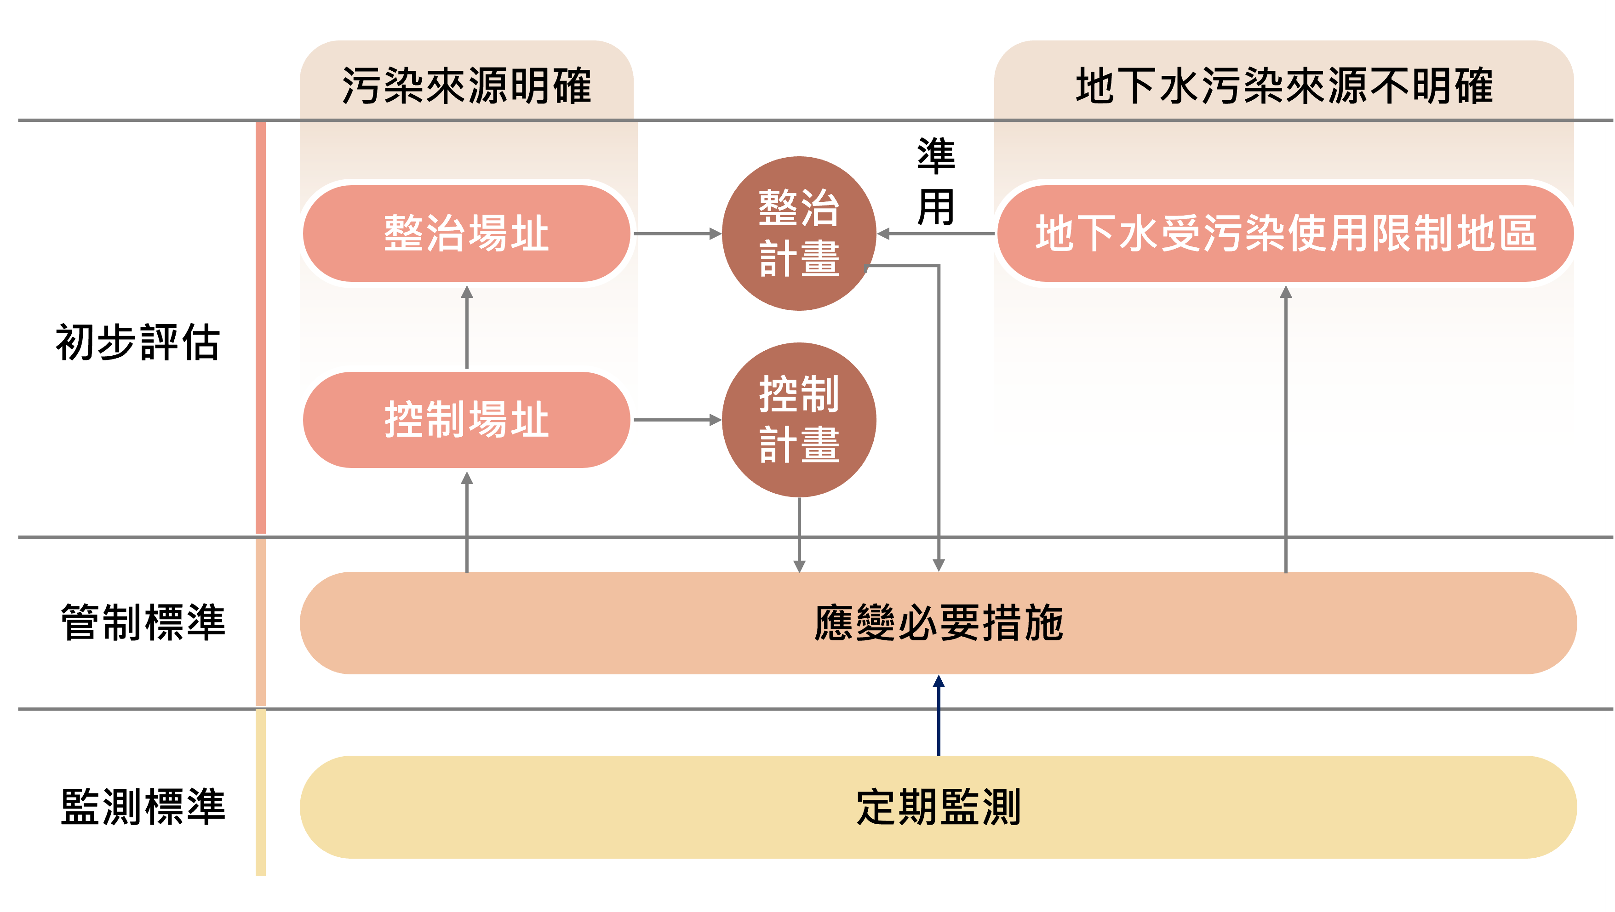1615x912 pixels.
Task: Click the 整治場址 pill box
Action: [x=466, y=233]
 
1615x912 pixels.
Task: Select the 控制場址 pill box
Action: [x=466, y=419]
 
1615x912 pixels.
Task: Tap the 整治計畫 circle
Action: [x=799, y=233]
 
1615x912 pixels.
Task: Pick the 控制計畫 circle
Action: [x=799, y=419]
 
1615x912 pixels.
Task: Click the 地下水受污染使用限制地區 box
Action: [x=1285, y=233]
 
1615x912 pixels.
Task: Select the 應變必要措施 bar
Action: [x=938, y=623]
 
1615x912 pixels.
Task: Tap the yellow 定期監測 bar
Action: [x=938, y=807]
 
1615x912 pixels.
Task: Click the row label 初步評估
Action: [x=138, y=342]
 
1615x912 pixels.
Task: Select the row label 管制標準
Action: [x=143, y=622]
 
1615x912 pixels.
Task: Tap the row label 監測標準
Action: [x=143, y=807]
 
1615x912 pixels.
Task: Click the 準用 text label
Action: [x=935, y=182]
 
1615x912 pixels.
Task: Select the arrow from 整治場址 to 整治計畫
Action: [x=677, y=234]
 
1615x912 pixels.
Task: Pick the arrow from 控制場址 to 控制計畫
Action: [x=677, y=420]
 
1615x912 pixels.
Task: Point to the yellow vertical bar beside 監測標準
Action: [x=261, y=792]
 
